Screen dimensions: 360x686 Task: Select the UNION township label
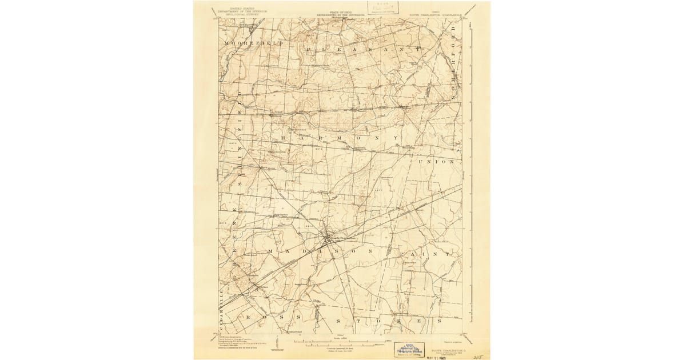point(436,162)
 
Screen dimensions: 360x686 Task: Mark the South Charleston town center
point(328,237)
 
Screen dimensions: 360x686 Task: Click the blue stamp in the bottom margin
point(410,349)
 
